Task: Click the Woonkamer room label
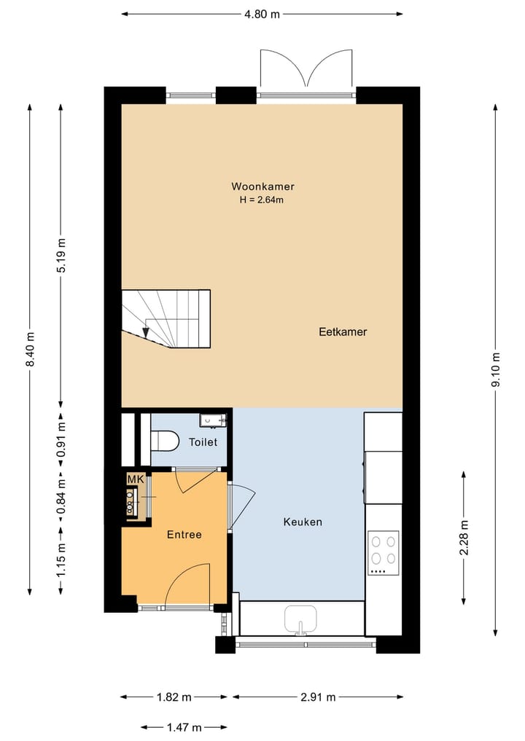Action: tap(262, 187)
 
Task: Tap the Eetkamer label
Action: tap(343, 332)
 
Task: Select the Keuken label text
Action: tap(303, 522)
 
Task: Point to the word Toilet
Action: tap(203, 442)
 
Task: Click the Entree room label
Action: tap(184, 535)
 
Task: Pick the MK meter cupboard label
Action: tap(136, 479)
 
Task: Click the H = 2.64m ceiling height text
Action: tap(262, 200)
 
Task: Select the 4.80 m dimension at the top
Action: tap(262, 14)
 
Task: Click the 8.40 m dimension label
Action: tap(31, 349)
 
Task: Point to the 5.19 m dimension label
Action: tap(61, 256)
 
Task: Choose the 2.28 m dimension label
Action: tap(464, 538)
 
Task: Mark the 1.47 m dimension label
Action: tap(184, 727)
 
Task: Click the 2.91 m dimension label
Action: tap(318, 697)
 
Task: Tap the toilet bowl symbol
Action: tap(165, 440)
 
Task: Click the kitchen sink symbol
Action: tap(300, 619)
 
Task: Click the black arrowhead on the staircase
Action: tap(146, 332)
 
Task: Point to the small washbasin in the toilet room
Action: tap(213, 420)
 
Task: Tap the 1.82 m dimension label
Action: tap(174, 697)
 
